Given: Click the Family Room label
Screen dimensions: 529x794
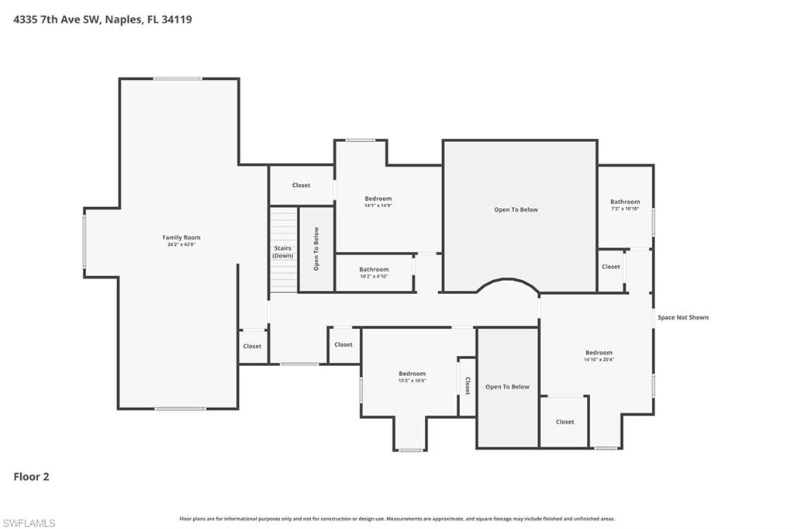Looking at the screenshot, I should (x=181, y=237).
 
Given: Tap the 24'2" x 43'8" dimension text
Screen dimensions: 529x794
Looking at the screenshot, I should (x=181, y=245).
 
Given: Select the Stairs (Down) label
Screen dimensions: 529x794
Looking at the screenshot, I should (x=283, y=252).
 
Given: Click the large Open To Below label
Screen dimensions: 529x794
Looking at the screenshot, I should (x=516, y=209).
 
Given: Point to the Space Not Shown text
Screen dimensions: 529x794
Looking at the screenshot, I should (x=682, y=317).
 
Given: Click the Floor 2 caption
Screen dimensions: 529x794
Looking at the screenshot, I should (x=31, y=477).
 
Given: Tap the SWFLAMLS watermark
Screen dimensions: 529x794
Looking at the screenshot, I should (x=29, y=524).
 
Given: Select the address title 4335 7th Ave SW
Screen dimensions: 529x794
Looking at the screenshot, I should (x=102, y=19).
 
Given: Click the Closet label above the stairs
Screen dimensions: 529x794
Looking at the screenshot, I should (x=301, y=185).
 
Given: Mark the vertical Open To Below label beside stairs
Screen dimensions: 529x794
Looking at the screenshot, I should (x=316, y=249).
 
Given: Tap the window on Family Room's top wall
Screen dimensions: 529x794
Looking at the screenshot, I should (x=178, y=78).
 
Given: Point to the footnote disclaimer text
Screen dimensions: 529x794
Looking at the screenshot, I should (x=397, y=519).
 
